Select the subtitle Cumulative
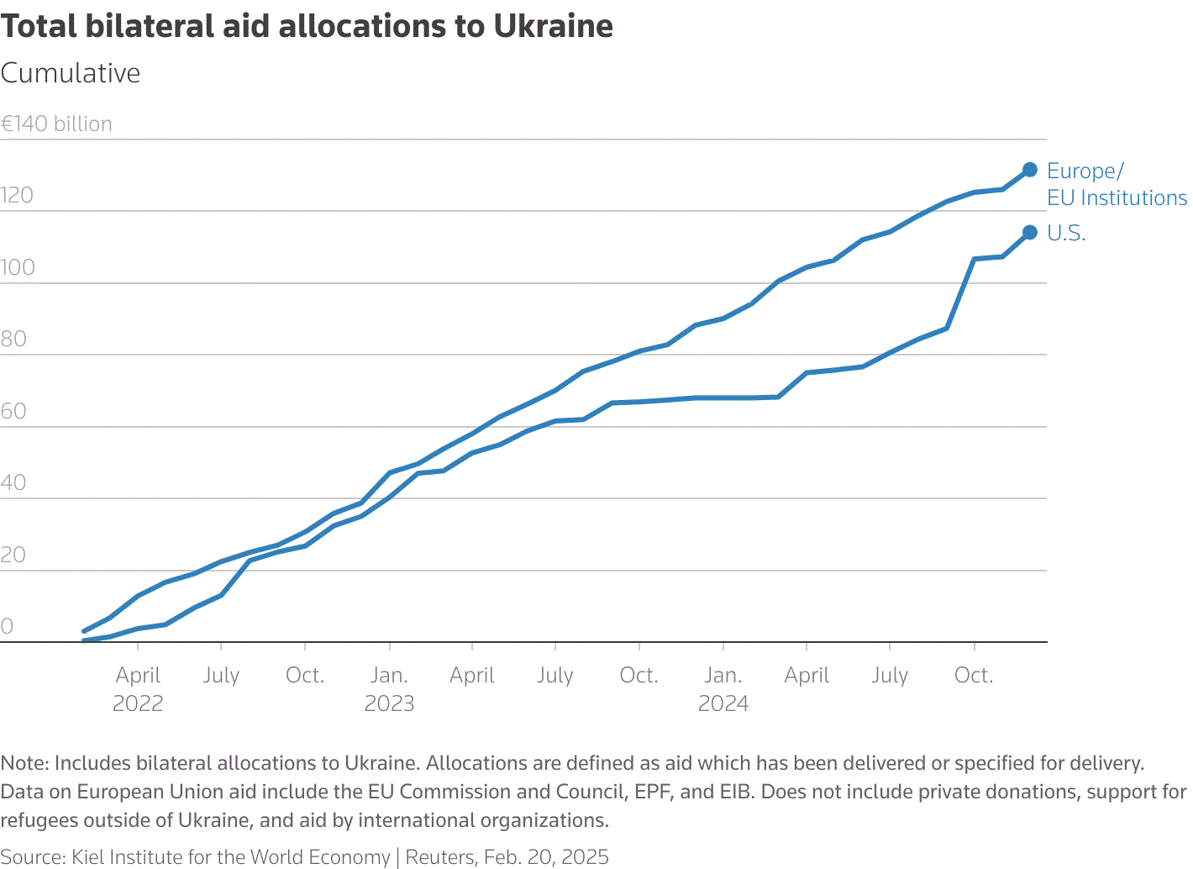coord(71,73)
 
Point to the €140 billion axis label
coord(56,124)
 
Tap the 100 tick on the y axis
coord(18,267)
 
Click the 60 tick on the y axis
coord(13,411)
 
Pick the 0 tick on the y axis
coord(7,626)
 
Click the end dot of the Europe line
coord(1030,170)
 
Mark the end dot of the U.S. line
coord(1030,232)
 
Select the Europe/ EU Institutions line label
coord(1117,184)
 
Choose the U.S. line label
coord(1066,233)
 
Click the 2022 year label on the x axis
coord(138,703)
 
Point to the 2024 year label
coord(723,703)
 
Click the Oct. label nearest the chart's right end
coord(974,675)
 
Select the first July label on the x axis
coord(221,675)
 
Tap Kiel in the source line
coord(87,856)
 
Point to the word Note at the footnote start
coord(24,763)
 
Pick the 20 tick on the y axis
coord(13,555)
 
